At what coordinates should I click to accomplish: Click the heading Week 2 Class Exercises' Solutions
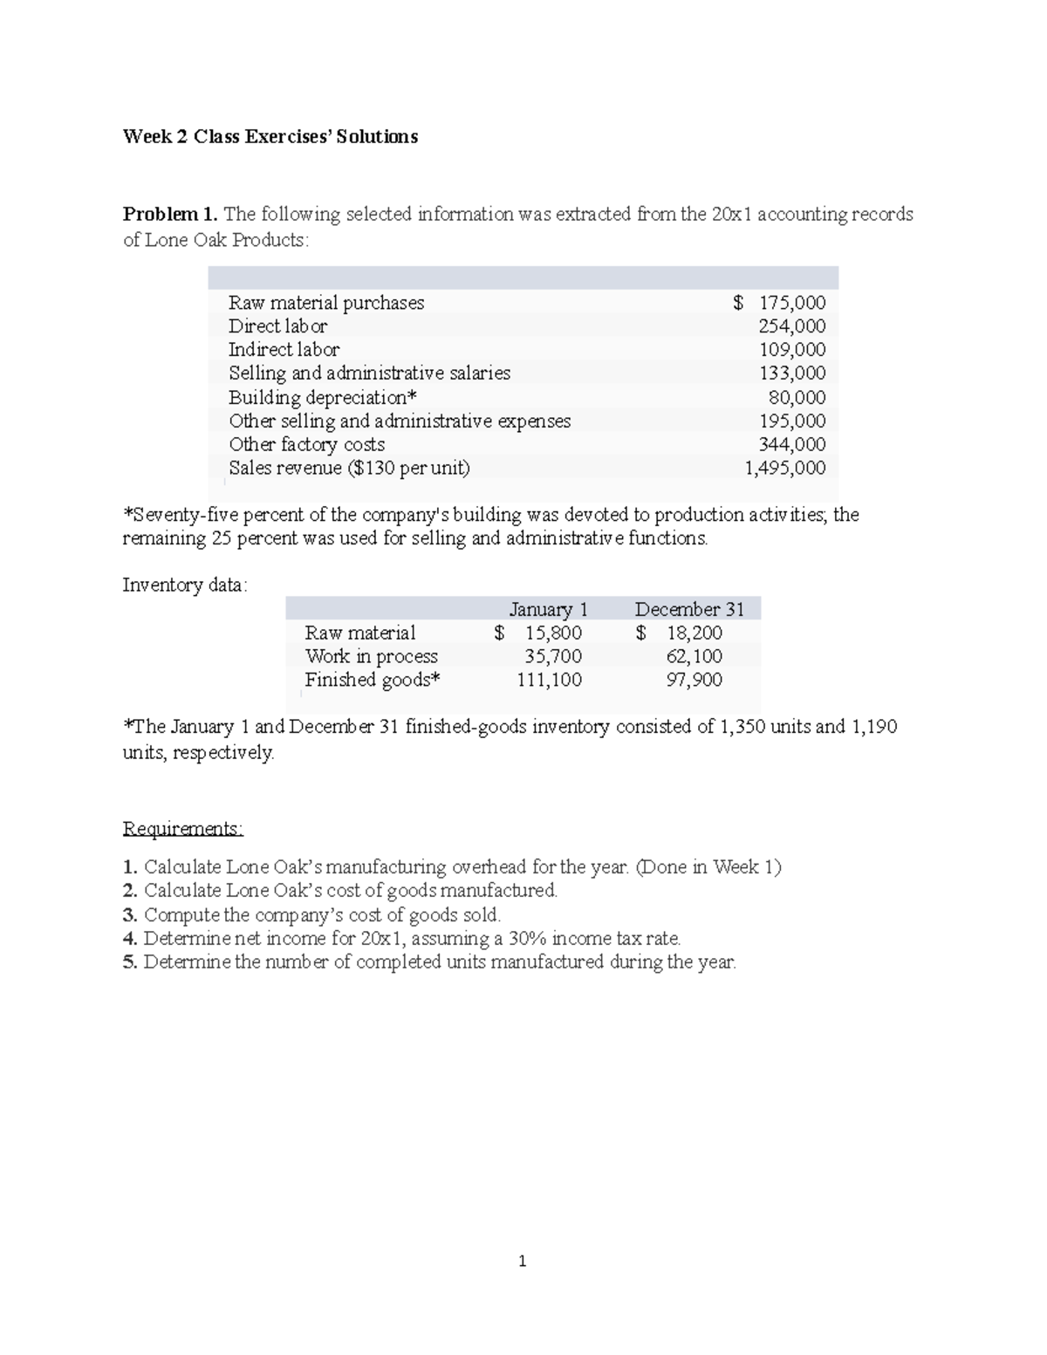point(270,137)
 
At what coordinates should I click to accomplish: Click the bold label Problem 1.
point(170,215)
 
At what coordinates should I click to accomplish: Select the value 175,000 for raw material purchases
point(791,303)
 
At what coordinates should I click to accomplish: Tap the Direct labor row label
point(277,326)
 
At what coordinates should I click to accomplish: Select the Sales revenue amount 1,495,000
point(784,469)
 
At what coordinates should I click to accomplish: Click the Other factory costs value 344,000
point(792,445)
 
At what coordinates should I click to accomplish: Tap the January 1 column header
point(549,609)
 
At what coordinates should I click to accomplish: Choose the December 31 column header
point(689,609)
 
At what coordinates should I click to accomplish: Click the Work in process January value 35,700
point(552,656)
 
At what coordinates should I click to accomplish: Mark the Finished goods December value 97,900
point(694,680)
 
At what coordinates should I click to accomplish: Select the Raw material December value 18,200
point(694,633)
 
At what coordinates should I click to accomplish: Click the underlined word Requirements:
point(183,828)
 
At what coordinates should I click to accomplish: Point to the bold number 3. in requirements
point(130,914)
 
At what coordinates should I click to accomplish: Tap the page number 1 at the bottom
point(522,1262)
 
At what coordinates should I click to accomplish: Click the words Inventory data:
point(185,585)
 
